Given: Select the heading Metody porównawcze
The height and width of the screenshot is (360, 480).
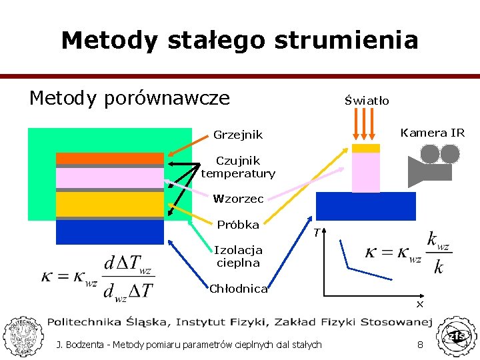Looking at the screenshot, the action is [x=129, y=99].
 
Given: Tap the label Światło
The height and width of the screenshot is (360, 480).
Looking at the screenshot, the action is [x=367, y=101].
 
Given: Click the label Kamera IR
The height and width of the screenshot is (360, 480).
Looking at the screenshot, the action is [x=432, y=133].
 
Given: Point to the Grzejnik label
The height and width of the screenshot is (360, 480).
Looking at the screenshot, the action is [x=238, y=135].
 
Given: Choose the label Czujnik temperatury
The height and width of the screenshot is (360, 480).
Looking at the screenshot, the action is [x=238, y=167].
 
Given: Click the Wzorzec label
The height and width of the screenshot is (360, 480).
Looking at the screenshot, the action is [x=238, y=199].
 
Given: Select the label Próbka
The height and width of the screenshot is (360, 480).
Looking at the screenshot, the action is [x=238, y=225].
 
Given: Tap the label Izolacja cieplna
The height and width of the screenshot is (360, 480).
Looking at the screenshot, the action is [x=238, y=257].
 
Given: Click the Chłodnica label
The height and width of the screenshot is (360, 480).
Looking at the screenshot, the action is [x=238, y=289].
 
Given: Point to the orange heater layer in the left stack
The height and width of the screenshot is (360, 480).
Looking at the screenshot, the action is [x=109, y=158].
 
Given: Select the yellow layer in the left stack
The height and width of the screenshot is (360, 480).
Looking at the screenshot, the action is [x=109, y=204].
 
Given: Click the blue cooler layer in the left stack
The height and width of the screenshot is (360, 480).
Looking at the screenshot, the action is [x=109, y=232].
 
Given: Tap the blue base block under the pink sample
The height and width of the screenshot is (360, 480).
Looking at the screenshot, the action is [x=365, y=205].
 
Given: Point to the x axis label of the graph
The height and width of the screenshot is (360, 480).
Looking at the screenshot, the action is [x=420, y=304].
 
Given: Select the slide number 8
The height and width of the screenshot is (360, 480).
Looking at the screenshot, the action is [x=420, y=345].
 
